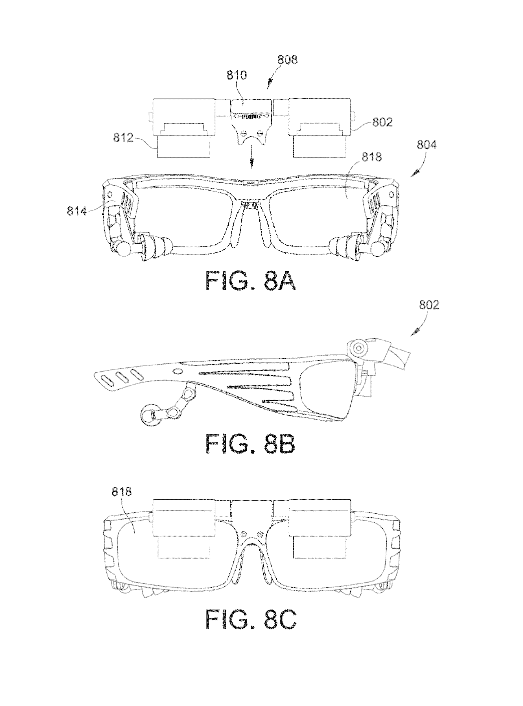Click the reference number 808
click(x=287, y=60)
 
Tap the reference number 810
click(x=237, y=75)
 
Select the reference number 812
click(x=123, y=138)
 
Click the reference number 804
click(x=427, y=145)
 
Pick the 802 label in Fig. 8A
click(x=382, y=122)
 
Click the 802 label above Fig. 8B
click(x=429, y=305)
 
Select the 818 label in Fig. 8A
click(x=372, y=157)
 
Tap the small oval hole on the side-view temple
click(x=177, y=370)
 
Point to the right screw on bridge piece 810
click(x=260, y=133)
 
